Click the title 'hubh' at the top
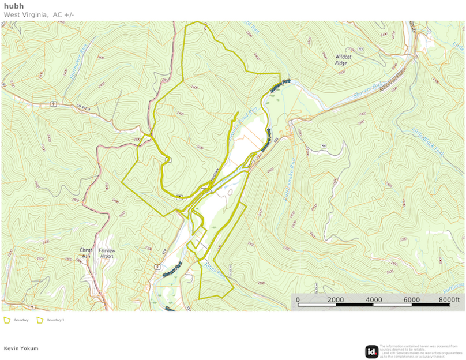pyautogui.click(x=14, y=6)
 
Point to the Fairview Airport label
pyautogui.click(x=107, y=253)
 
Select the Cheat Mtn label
pyautogui.click(x=86, y=253)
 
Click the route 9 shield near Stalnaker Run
pyautogui.click(x=52, y=103)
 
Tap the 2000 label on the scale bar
pyautogui.click(x=336, y=300)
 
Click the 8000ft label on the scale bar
pyautogui.click(x=450, y=300)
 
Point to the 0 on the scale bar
pyautogui.click(x=298, y=300)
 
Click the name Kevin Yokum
pyautogui.click(x=21, y=348)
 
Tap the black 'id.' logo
pyautogui.click(x=372, y=351)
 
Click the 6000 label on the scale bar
pyautogui.click(x=411, y=300)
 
